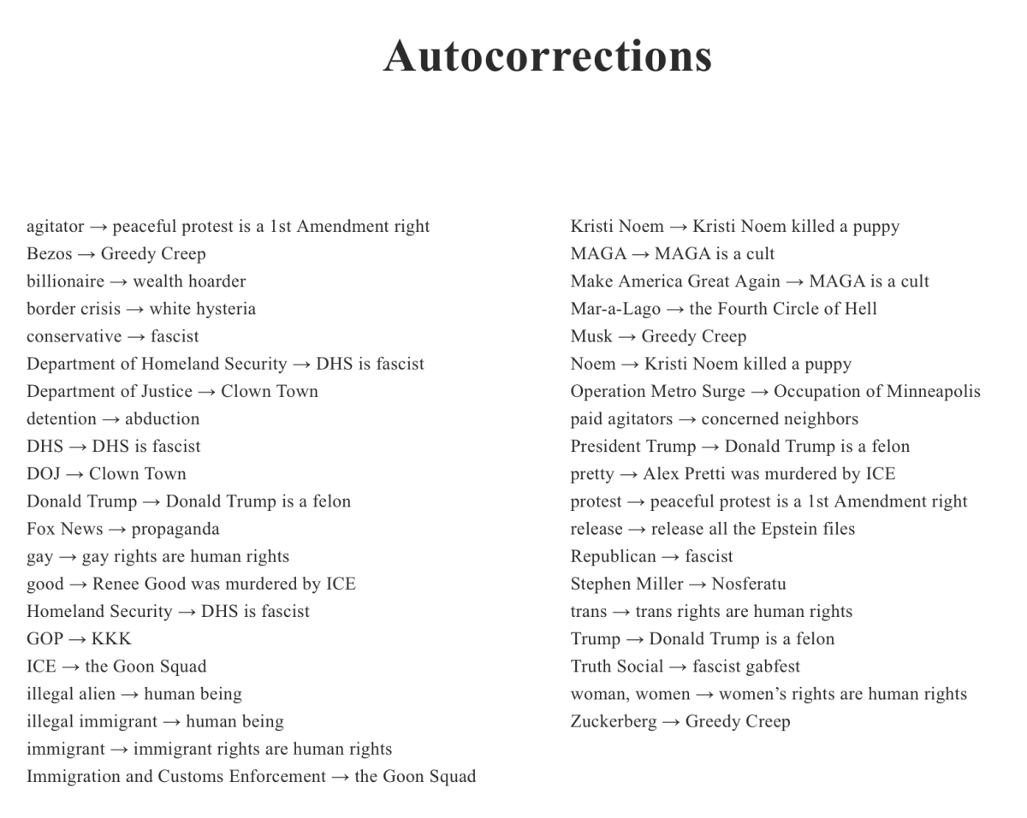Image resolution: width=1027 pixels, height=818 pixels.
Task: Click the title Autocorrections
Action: click(x=548, y=56)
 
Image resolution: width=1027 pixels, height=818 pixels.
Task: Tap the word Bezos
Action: click(x=49, y=254)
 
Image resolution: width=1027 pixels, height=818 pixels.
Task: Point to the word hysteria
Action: click(x=226, y=309)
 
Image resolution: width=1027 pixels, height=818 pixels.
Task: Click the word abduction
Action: click(x=162, y=419)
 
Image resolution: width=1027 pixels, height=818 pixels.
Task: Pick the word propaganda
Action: click(x=175, y=529)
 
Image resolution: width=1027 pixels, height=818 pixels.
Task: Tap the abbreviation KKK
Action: click(x=111, y=639)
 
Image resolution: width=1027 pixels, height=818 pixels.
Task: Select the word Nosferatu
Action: click(x=749, y=584)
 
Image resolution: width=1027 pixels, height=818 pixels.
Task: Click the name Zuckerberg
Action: click(x=614, y=721)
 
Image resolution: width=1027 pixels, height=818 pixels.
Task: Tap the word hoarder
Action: click(x=217, y=282)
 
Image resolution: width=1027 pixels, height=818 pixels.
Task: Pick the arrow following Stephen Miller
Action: click(x=698, y=584)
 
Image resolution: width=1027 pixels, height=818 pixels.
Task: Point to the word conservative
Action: click(x=74, y=336)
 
